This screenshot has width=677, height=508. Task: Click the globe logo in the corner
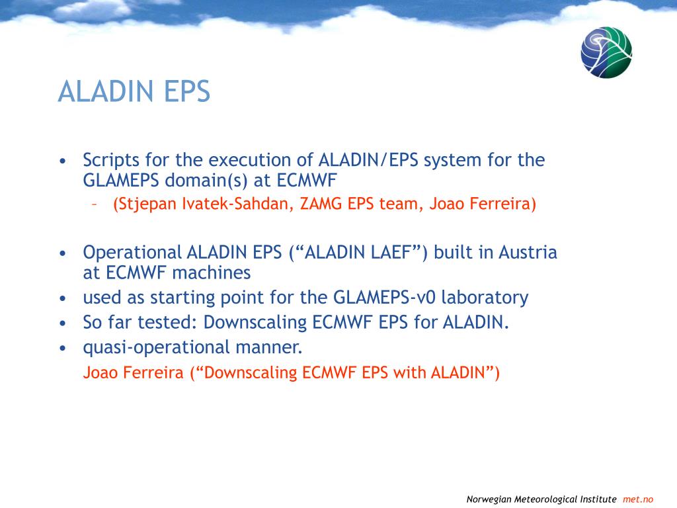point(606,52)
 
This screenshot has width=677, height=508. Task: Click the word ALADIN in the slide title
point(105,91)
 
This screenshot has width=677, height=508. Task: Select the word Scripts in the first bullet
point(111,160)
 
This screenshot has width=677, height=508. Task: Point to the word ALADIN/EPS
point(368,160)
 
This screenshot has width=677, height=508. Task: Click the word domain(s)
point(206,181)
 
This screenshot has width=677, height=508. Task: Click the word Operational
point(132,253)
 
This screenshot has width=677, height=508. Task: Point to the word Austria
point(528,252)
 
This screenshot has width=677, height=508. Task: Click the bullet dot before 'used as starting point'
point(63,298)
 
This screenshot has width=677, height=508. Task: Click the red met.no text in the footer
point(638,499)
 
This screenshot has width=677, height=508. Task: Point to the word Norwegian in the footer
point(489,499)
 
